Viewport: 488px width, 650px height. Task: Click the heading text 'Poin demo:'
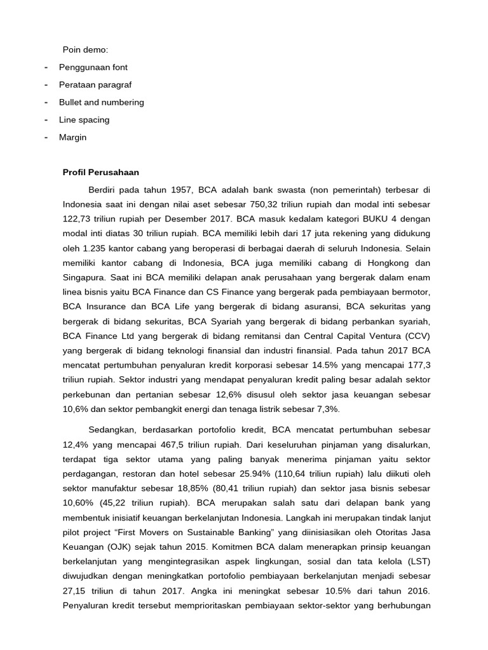[x=85, y=49]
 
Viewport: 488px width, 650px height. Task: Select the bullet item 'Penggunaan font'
[x=93, y=67]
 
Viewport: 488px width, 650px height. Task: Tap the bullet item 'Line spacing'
[x=84, y=119]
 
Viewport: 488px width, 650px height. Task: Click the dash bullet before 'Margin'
[x=46, y=137]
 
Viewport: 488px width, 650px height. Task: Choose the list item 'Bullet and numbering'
[x=101, y=102]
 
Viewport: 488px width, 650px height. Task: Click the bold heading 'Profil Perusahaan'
[x=100, y=172]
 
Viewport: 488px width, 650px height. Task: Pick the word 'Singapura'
[x=83, y=279]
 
